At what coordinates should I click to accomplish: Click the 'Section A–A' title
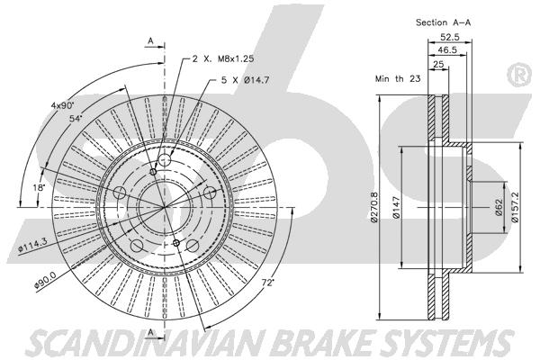(x=443, y=22)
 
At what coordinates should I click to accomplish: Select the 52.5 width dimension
(x=450, y=37)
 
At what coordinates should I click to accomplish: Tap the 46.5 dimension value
(x=447, y=50)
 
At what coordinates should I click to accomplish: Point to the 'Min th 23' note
(x=398, y=78)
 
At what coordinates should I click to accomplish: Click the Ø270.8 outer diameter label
(x=374, y=207)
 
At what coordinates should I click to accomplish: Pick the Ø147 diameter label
(x=396, y=207)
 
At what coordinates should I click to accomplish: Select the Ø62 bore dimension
(x=499, y=207)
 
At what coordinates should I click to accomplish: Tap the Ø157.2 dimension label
(x=515, y=207)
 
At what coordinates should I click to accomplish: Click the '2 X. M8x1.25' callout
(x=223, y=58)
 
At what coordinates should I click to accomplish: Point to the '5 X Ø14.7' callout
(x=245, y=80)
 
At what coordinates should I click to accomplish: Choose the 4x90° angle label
(x=63, y=105)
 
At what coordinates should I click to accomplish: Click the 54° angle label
(x=76, y=119)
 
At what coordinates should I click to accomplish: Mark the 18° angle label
(x=39, y=188)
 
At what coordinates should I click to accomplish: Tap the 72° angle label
(x=267, y=283)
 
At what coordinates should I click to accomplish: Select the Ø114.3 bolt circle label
(x=33, y=244)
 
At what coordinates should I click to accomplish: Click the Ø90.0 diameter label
(x=45, y=282)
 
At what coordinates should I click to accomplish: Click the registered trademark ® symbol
(x=519, y=75)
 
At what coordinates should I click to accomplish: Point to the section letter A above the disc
(x=150, y=41)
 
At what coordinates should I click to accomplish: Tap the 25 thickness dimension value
(x=438, y=64)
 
